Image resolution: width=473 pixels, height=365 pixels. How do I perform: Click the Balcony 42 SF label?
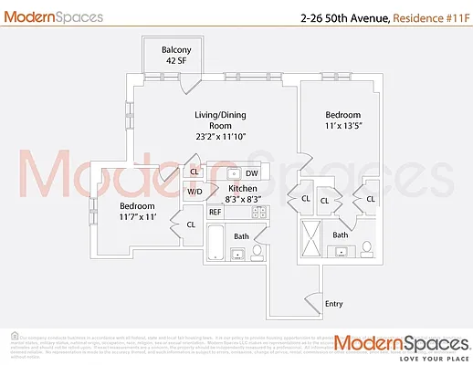[x=156, y=56]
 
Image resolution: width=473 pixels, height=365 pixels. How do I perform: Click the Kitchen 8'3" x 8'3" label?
[x=243, y=193]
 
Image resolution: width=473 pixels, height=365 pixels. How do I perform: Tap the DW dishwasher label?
[x=252, y=172]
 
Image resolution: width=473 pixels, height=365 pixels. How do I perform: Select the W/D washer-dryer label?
[x=194, y=193]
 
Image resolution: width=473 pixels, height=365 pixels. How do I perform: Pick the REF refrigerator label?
[x=215, y=212]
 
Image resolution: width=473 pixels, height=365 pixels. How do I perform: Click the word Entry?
[x=334, y=304]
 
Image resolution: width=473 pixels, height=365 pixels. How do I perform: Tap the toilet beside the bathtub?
[x=258, y=249]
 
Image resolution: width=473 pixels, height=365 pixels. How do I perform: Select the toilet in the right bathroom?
[x=368, y=248]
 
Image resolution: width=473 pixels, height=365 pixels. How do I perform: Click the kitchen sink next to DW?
[x=233, y=172]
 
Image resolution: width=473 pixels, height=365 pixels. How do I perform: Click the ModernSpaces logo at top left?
[x=53, y=16]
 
